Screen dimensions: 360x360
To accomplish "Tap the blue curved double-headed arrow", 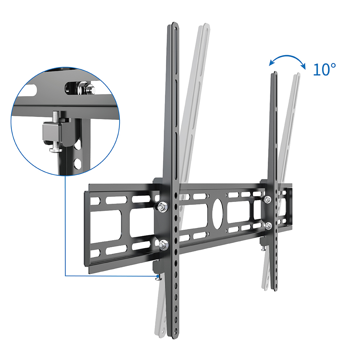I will click(x=287, y=60).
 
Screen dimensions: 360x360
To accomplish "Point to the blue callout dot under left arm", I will click(x=157, y=276).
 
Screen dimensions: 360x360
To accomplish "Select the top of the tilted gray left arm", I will click(x=205, y=26).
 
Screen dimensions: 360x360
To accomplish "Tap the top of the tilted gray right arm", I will click(x=297, y=75).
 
